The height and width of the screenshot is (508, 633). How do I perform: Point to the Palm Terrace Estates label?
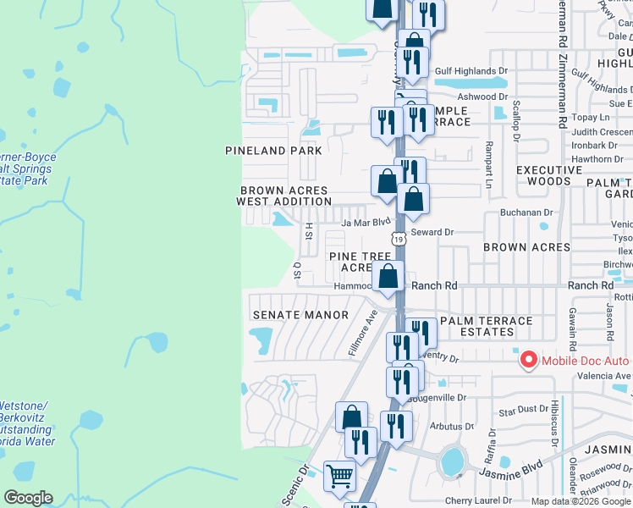point(487,327)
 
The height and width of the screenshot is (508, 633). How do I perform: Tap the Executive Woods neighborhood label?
point(550,175)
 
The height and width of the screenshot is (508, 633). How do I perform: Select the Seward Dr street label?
point(432,232)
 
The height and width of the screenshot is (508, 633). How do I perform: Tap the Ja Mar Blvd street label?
point(366,223)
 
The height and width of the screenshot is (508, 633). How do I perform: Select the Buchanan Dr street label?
point(526,214)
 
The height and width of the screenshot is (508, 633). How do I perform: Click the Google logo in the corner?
point(28,498)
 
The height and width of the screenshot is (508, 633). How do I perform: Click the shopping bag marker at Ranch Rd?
point(388,277)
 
